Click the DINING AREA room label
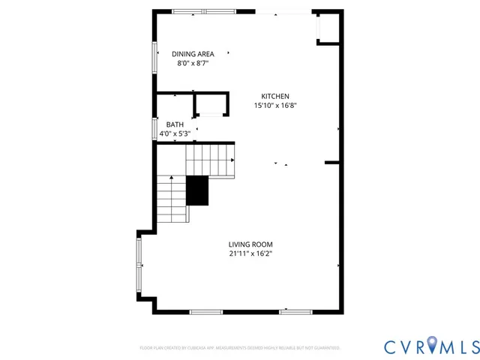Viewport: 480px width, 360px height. pyautogui.click(x=193, y=54)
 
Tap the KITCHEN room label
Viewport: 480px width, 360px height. pyautogui.click(x=274, y=96)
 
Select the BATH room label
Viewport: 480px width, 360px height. pyautogui.click(x=175, y=124)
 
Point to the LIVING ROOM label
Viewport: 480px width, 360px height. pyautogui.click(x=250, y=244)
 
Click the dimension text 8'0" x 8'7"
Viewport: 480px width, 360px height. pyautogui.click(x=193, y=64)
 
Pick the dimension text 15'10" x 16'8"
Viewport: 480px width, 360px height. pyautogui.click(x=275, y=106)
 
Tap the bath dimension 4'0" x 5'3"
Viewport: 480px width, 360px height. pyautogui.click(x=175, y=134)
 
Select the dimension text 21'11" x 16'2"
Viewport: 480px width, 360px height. pyautogui.click(x=250, y=254)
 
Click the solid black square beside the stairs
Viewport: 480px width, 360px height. pyautogui.click(x=197, y=190)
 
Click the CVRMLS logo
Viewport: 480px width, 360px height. pyautogui.click(x=431, y=346)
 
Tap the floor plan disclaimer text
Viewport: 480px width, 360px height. pyautogui.click(x=240, y=348)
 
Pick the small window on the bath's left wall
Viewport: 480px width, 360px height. pyautogui.click(x=154, y=128)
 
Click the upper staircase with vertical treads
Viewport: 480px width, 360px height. pyautogui.click(x=210, y=159)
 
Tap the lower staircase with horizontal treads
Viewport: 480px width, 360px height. pyautogui.click(x=172, y=199)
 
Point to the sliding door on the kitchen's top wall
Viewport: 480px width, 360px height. pyautogui.click(x=283, y=11)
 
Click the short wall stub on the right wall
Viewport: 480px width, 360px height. pyautogui.click(x=333, y=162)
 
